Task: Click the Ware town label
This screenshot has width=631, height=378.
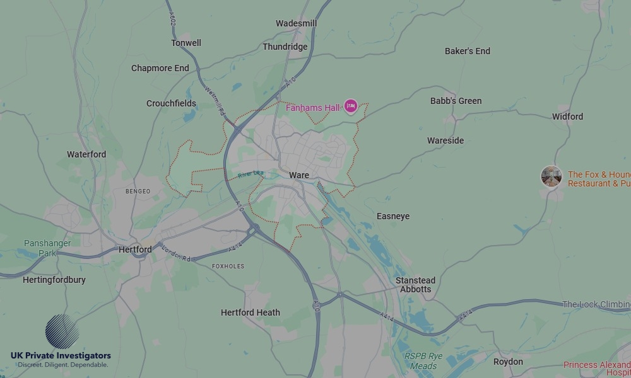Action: pyautogui.click(x=299, y=175)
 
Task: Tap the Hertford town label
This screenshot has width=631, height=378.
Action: pyautogui.click(x=135, y=249)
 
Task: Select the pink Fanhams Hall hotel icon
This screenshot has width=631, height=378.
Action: pyautogui.click(x=351, y=106)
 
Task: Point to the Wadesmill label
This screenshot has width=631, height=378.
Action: pyautogui.click(x=296, y=23)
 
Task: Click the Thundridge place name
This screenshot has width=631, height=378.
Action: pyautogui.click(x=285, y=47)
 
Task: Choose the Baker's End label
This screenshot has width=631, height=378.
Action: pyautogui.click(x=467, y=51)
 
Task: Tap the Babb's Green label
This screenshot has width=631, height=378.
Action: pyautogui.click(x=456, y=101)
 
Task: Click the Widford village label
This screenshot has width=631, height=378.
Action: pyautogui.click(x=567, y=117)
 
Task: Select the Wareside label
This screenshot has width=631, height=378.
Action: pyautogui.click(x=445, y=140)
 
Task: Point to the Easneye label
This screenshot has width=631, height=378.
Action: pyautogui.click(x=393, y=216)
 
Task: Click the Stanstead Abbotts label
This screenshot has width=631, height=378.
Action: pyautogui.click(x=415, y=285)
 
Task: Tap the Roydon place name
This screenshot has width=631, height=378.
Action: pyautogui.click(x=508, y=362)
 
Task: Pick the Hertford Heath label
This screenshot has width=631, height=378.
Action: pyautogui.click(x=250, y=312)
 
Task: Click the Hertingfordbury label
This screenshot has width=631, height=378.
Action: pyautogui.click(x=54, y=280)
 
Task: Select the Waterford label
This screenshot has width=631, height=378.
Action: pyautogui.click(x=86, y=154)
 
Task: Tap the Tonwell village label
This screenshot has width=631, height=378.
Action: pyautogui.click(x=186, y=43)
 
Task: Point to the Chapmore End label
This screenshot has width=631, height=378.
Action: pyautogui.click(x=160, y=68)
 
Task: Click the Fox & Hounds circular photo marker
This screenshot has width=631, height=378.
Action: pyautogui.click(x=551, y=176)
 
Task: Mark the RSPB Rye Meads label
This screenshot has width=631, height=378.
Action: pyautogui.click(x=423, y=361)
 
